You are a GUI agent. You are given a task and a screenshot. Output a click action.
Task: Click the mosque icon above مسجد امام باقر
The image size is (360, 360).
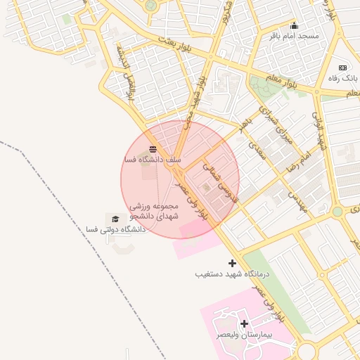(x=295, y=26)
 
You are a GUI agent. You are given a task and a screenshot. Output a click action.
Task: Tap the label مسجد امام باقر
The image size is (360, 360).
(x=297, y=36)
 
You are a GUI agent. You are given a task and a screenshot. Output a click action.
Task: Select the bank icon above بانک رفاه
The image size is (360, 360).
(x=343, y=67)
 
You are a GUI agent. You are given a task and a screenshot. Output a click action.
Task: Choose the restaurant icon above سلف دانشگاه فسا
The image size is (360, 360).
(x=153, y=149)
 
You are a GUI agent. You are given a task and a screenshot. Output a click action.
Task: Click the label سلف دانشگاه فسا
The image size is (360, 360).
(x=153, y=160)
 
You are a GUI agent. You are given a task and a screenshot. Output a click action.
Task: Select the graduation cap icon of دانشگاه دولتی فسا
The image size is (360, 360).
(x=115, y=219)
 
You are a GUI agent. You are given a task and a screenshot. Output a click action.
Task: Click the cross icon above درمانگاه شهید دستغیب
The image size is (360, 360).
(x=233, y=263)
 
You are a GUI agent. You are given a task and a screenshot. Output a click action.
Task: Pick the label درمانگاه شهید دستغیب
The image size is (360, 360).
(x=232, y=274)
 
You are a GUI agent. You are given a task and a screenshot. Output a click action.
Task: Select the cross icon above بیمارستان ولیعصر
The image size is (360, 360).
(x=244, y=324)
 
